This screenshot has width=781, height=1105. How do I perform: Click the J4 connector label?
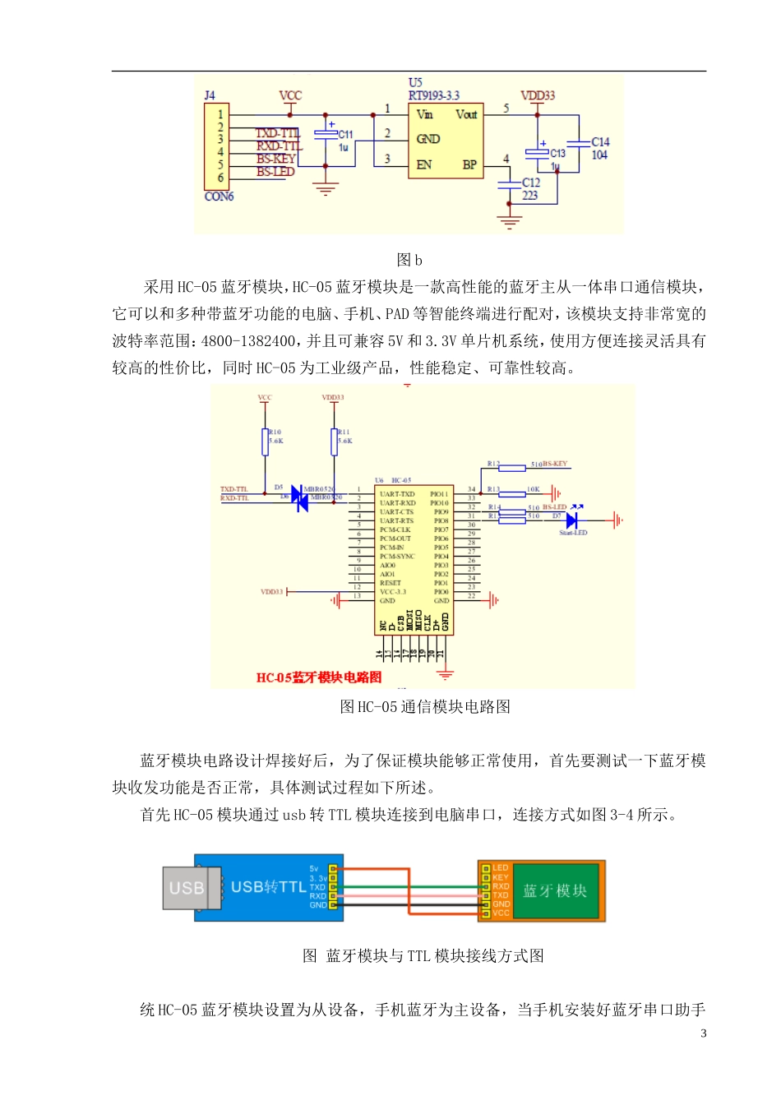(210, 95)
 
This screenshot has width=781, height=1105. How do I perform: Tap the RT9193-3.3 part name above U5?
(433, 95)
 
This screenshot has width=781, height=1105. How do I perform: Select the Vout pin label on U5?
(466, 114)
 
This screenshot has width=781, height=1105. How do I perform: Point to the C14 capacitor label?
(600, 142)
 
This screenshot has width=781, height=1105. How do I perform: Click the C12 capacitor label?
(531, 183)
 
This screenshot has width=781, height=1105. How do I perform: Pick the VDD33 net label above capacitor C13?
(538, 95)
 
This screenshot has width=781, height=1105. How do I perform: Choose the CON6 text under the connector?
(219, 196)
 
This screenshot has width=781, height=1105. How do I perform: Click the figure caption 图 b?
(409, 260)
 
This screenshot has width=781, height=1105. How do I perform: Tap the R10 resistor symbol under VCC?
(265, 442)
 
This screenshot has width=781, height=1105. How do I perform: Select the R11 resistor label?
(344, 432)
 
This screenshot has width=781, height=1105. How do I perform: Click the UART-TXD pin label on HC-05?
(397, 494)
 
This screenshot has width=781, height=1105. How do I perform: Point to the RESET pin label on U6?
(390, 583)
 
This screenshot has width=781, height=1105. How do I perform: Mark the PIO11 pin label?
(439, 494)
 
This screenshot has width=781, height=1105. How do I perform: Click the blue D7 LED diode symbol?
(572, 520)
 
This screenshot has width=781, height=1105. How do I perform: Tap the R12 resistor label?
(493, 464)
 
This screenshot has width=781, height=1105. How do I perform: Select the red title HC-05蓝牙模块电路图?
(319, 677)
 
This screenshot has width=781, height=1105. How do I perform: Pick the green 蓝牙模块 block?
(555, 890)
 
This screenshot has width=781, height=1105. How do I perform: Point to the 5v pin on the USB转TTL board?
(314, 868)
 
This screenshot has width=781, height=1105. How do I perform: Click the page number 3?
(703, 1033)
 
